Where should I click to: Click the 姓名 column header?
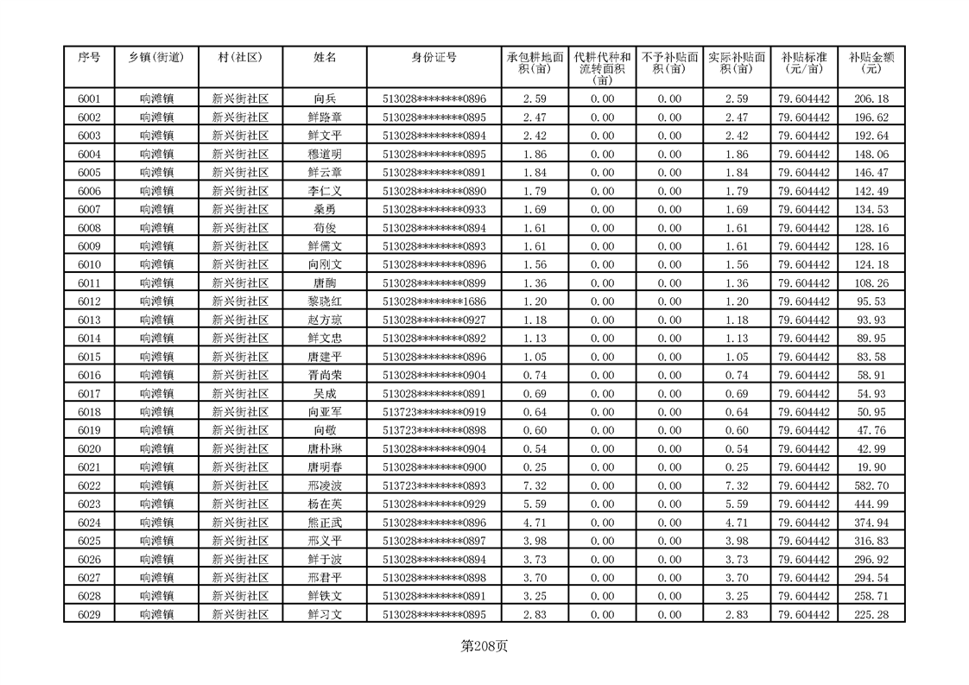click(x=325, y=57)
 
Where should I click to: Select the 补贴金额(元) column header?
click(x=871, y=63)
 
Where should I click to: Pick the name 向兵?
click(x=325, y=98)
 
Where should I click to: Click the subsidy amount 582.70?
click(x=871, y=485)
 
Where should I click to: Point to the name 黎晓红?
click(x=325, y=301)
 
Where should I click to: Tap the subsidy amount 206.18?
click(x=871, y=98)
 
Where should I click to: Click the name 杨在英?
click(x=325, y=504)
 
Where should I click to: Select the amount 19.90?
click(x=871, y=467)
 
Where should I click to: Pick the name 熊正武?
click(x=325, y=523)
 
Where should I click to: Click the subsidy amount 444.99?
click(x=871, y=504)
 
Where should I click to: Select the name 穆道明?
click(x=325, y=154)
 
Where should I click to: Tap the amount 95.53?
click(x=871, y=301)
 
